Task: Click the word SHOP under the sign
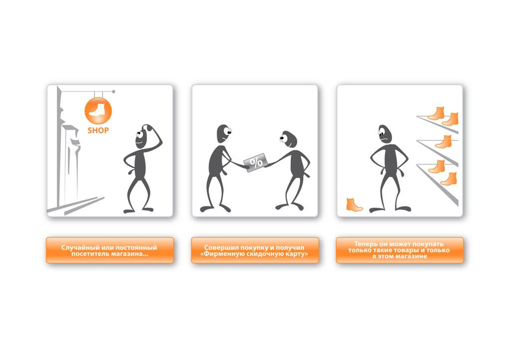tap(98, 130)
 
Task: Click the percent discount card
tap(256, 162)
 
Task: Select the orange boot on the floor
tap(354, 205)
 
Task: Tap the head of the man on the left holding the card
tap(224, 133)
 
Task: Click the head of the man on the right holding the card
tap(288, 140)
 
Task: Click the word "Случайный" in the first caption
tap(77, 248)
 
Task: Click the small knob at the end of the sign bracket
tap(114, 92)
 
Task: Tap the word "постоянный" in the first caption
tap(136, 248)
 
